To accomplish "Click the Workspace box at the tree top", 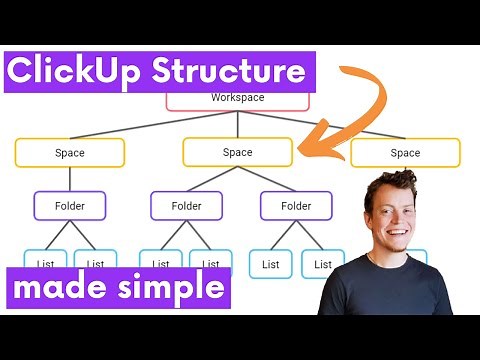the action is click(237, 99).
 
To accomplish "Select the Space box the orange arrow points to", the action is click(237, 153).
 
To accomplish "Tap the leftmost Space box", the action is click(70, 153).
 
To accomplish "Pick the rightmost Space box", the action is click(405, 153).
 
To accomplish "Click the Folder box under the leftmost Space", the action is click(70, 206).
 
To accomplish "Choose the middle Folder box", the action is click(186, 206).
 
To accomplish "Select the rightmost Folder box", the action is click(296, 206).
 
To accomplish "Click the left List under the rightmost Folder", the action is click(270, 264).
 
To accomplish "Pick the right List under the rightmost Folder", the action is click(323, 264).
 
